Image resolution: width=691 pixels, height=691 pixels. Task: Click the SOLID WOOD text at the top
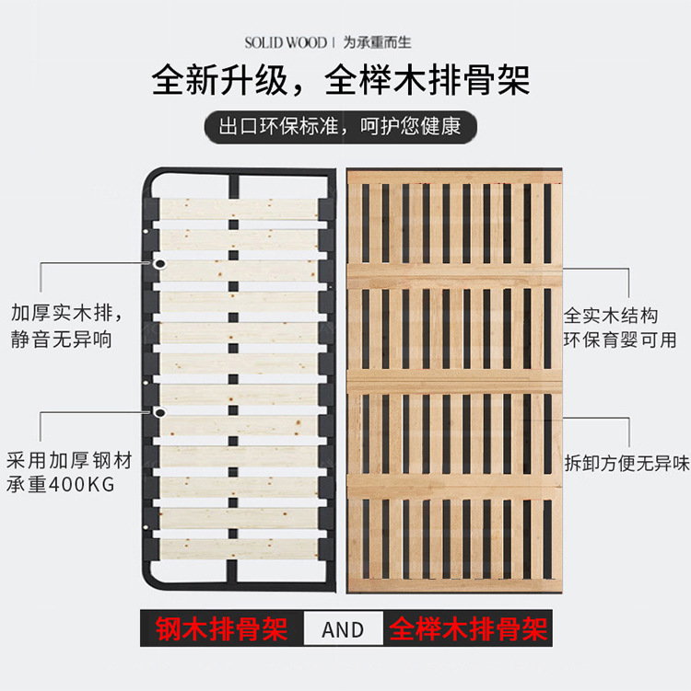[286, 42]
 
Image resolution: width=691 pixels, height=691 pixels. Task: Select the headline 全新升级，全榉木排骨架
[341, 80]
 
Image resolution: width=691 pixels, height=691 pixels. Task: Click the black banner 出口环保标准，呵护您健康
[340, 126]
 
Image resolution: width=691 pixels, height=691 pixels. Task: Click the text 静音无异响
[62, 340]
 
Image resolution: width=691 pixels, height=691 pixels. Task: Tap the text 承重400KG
[62, 485]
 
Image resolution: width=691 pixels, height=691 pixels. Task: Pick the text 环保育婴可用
[620, 340]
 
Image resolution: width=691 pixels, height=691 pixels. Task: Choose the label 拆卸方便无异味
[627, 463]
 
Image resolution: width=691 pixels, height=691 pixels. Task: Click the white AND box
[343, 629]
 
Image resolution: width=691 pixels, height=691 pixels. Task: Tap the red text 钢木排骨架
[222, 629]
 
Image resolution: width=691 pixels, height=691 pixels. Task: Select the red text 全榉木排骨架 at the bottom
[469, 629]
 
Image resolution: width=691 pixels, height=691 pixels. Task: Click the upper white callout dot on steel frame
[160, 264]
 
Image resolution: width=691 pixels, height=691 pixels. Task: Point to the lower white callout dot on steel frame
[160, 413]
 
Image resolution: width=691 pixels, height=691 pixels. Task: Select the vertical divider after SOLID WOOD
[334, 42]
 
